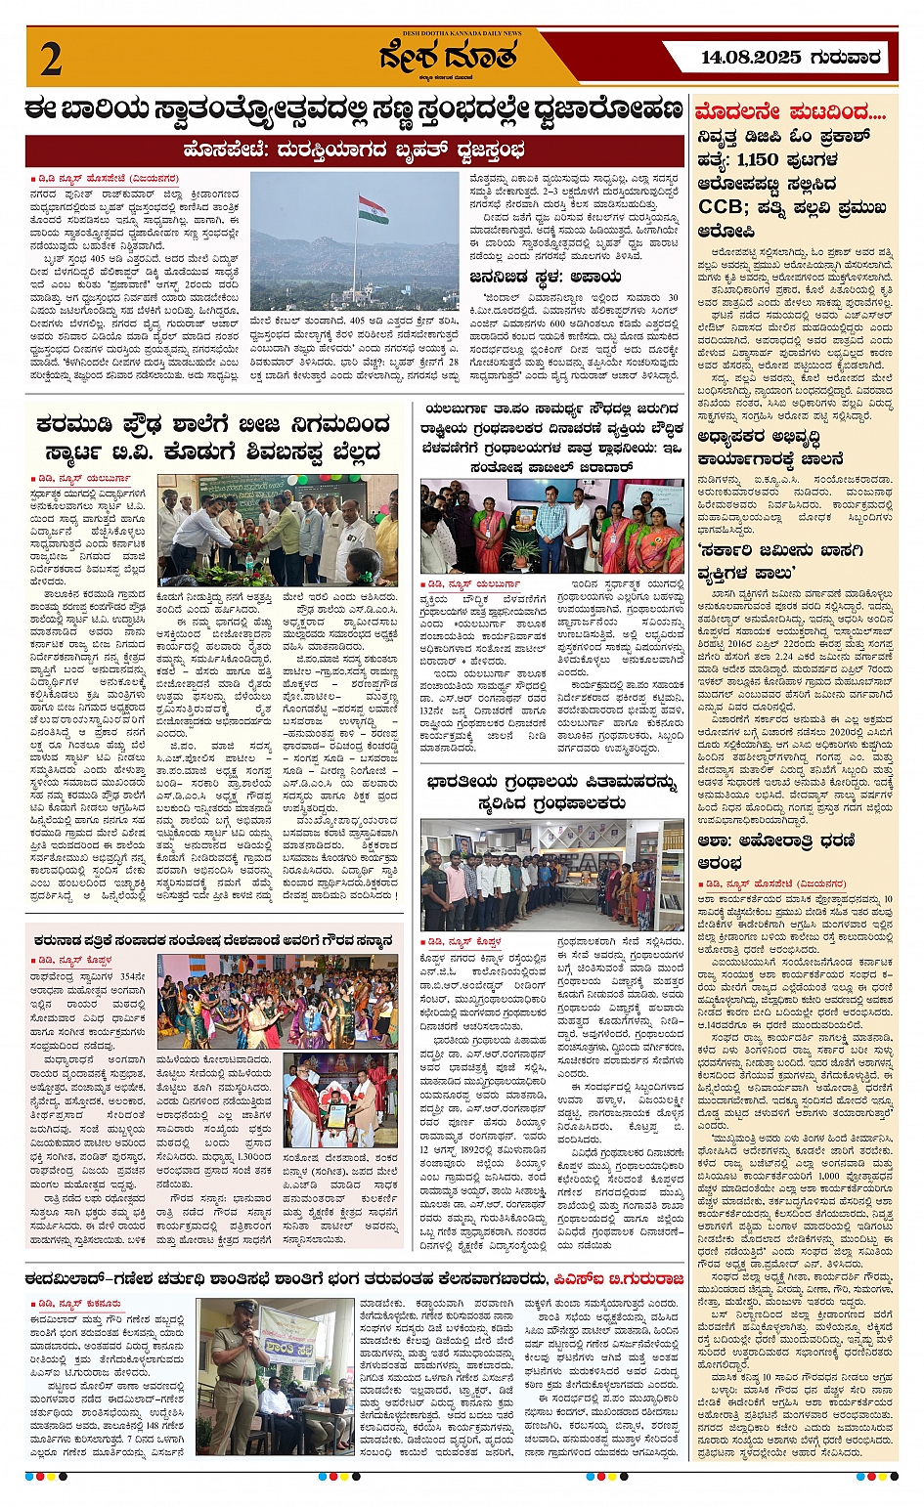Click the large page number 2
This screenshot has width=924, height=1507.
pos(51,59)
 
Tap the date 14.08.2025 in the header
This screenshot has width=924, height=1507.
pos(750,58)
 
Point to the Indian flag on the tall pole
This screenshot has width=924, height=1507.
pos(373,209)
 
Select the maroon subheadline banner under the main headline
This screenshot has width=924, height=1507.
pos(354,151)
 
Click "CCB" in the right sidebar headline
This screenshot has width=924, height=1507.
pos(726,207)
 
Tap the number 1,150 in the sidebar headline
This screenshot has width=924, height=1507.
pos(758,159)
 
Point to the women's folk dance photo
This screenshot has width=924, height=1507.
pos(278,1002)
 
